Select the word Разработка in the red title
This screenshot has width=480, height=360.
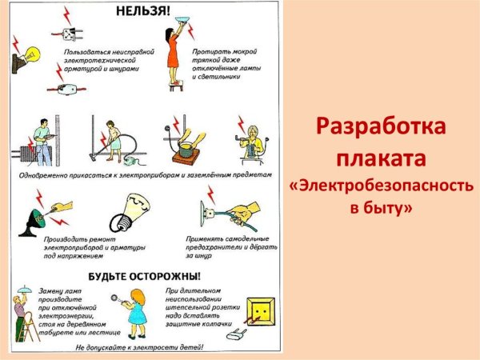[381, 127]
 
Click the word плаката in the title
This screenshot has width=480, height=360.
[381, 157]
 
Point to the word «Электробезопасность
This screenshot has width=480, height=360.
[381, 186]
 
